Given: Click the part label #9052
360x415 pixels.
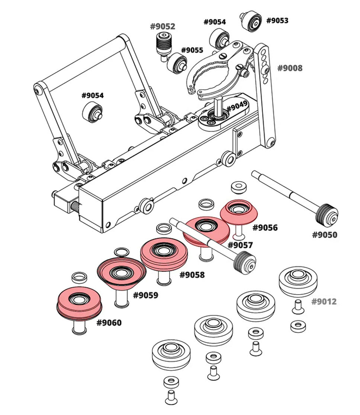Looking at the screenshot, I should click(x=163, y=26).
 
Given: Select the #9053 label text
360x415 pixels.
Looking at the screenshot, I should click(x=277, y=20).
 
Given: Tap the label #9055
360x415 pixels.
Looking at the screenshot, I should click(x=192, y=50).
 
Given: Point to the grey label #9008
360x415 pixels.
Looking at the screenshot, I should click(x=290, y=68).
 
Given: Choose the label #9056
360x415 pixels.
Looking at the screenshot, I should click(x=265, y=227).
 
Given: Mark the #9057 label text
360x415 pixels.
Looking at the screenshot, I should click(x=240, y=245).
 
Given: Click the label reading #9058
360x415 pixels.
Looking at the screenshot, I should click(x=192, y=275).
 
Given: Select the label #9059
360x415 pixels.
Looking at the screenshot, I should click(x=145, y=295).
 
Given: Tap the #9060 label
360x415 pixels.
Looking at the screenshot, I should click(x=109, y=322).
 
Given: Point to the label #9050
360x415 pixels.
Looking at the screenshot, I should click(x=324, y=235).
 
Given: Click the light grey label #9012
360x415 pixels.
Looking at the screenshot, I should click(x=324, y=301).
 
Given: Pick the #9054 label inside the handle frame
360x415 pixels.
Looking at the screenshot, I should click(x=93, y=95).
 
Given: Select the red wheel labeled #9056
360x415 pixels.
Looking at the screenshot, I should click(x=239, y=212).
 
